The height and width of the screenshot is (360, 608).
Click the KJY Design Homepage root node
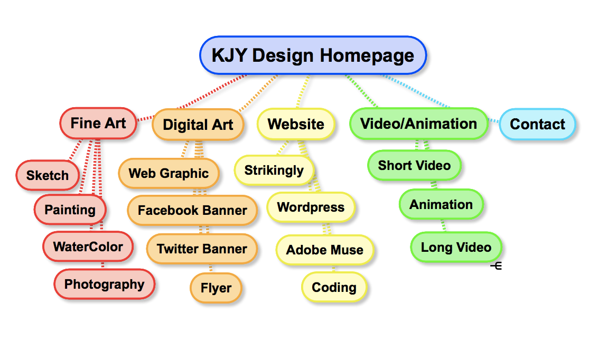[313, 55]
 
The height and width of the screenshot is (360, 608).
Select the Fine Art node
[98, 123]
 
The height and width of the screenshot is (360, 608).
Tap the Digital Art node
[198, 125]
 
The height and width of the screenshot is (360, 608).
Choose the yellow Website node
[296, 124]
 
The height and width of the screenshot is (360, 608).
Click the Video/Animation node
[418, 124]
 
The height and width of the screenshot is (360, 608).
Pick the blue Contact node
[537, 124]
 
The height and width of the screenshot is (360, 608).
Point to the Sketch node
[48, 175]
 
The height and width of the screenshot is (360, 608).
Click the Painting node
[70, 210]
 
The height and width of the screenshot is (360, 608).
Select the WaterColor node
[88, 247]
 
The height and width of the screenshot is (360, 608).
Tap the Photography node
[104, 284]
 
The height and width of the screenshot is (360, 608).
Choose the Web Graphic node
[169, 173]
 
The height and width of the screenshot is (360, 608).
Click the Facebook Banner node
[192, 210]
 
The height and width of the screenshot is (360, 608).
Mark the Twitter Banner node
[202, 249]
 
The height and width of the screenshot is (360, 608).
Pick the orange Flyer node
[216, 288]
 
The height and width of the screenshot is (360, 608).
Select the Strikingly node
[274, 170]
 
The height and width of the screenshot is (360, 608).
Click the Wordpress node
[311, 207]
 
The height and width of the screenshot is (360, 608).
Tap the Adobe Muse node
[325, 250]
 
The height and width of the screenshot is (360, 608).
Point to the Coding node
[334, 287]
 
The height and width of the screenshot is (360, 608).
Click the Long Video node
[456, 247]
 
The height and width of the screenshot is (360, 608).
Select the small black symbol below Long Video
[496, 266]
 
